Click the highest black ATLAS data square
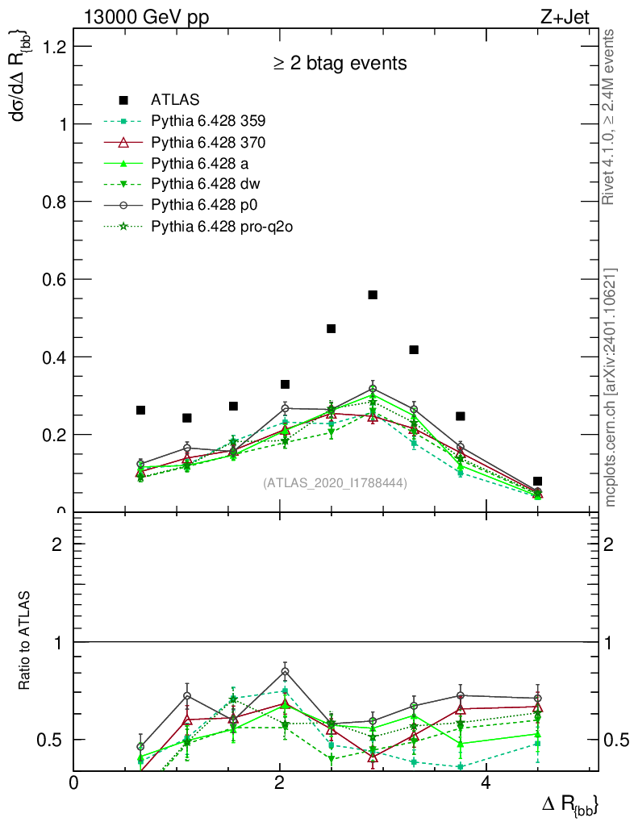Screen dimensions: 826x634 373,295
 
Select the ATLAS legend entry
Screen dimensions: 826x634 175,100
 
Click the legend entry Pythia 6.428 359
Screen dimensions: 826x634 208,121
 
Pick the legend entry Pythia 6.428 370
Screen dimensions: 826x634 208,142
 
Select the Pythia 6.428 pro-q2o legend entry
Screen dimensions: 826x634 221,227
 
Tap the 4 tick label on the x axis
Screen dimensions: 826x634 486,782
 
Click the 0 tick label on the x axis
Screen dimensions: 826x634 74,782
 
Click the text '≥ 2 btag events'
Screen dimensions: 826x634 339,63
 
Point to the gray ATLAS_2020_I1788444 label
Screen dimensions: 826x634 335,483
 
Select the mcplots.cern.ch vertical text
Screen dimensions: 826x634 611,387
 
